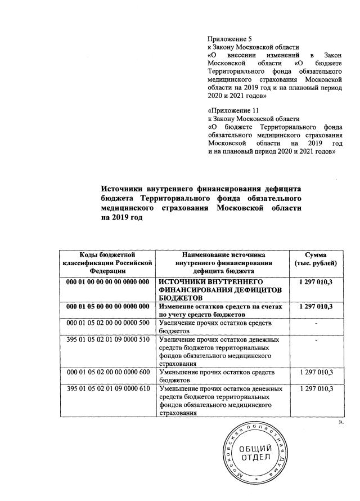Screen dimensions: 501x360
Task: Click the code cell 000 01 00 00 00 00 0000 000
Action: [x=107, y=281]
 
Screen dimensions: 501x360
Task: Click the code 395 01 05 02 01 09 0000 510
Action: [x=107, y=340]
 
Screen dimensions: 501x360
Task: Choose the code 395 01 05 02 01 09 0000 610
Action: [x=107, y=390]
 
